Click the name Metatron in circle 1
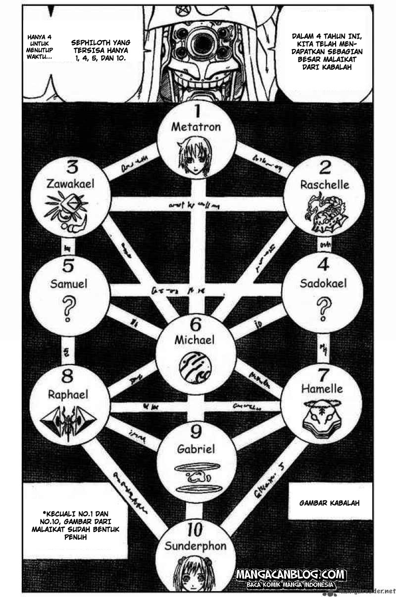(196, 127)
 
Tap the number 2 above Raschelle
(324, 167)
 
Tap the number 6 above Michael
(195, 324)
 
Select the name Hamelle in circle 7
(322, 389)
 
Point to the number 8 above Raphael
(68, 377)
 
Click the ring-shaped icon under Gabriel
(196, 476)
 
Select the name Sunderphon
(196, 546)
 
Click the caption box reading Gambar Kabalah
(329, 502)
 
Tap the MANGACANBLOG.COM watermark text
(291, 575)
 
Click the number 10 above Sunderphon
(196, 530)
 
